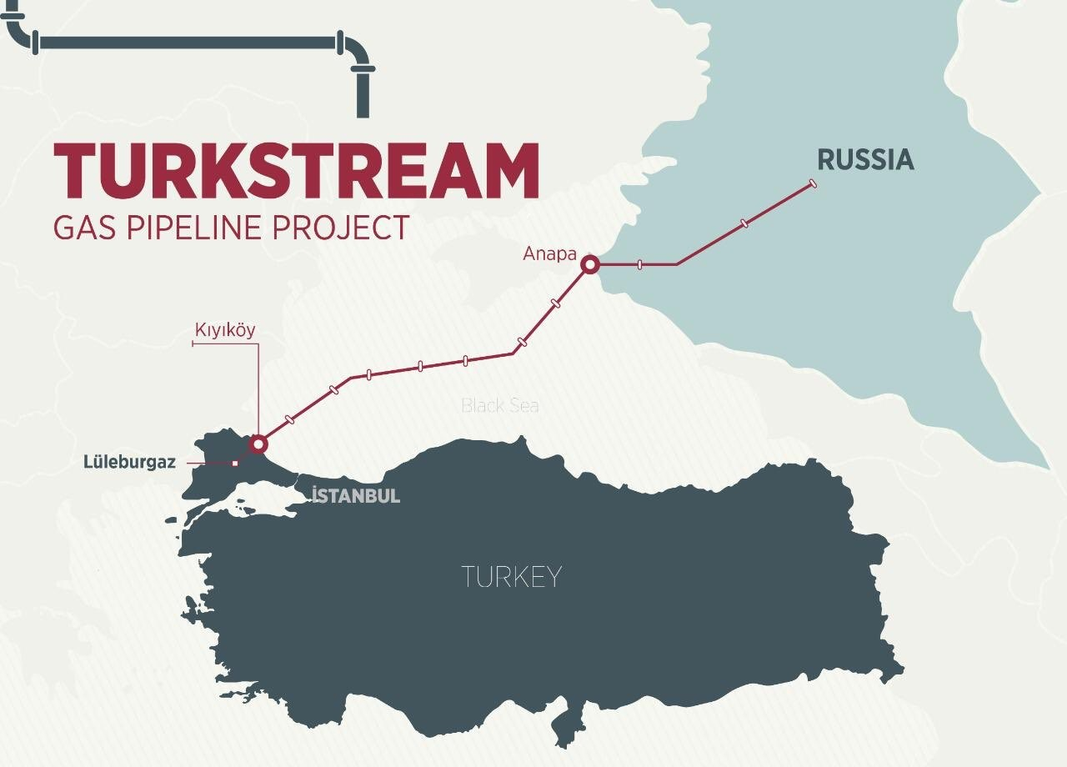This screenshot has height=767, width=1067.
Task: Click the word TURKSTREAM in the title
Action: (296, 172)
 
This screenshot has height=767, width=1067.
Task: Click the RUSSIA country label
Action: (865, 160)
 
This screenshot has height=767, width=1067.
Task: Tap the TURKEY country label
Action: (511, 576)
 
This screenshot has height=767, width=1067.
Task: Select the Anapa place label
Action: (549, 253)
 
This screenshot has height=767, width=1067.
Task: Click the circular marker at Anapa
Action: (590, 265)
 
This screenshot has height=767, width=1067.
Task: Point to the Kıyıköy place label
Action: (225, 330)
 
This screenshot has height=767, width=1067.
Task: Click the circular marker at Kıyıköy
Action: (258, 443)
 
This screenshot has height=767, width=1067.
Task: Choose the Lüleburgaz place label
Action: (129, 462)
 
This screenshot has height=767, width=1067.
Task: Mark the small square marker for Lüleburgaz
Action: (235, 464)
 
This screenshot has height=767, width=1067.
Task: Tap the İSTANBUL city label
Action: (356, 496)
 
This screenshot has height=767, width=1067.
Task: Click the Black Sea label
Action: (500, 406)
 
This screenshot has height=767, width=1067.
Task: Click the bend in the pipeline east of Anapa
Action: (677, 264)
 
